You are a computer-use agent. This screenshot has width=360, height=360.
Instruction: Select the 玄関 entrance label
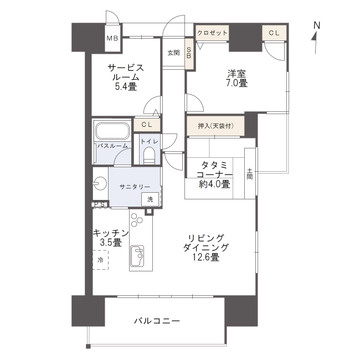pos(173,52)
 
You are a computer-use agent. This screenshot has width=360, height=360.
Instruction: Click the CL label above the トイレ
pos(146,123)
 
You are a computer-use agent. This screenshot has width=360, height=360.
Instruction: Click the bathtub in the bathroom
pos(107,131)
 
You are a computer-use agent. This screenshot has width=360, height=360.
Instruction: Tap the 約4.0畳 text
pos(214,184)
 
